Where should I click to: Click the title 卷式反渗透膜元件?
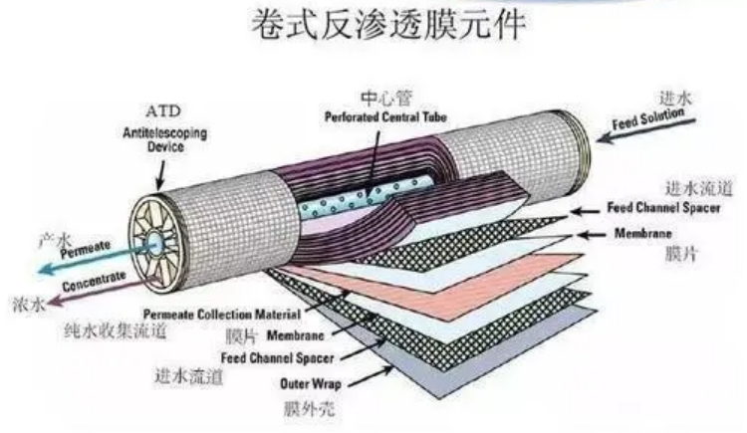point(388,25)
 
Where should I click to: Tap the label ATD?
point(163,111)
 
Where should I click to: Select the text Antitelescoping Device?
point(164,139)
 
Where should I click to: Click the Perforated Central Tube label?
point(385,117)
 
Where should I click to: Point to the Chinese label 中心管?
point(385,99)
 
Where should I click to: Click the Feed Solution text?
point(648,119)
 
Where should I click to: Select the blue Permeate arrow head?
point(45,269)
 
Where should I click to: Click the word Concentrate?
point(95,281)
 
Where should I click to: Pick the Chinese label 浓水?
point(29,304)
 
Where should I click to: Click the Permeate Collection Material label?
point(222,315)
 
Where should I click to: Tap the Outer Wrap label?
point(310,384)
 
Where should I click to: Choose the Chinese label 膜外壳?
point(309,409)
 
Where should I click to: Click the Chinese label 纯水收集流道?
point(116,330)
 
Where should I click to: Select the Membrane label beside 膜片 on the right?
point(642,233)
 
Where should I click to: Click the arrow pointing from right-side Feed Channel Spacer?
point(585,211)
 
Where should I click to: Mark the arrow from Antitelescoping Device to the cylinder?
point(161,175)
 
